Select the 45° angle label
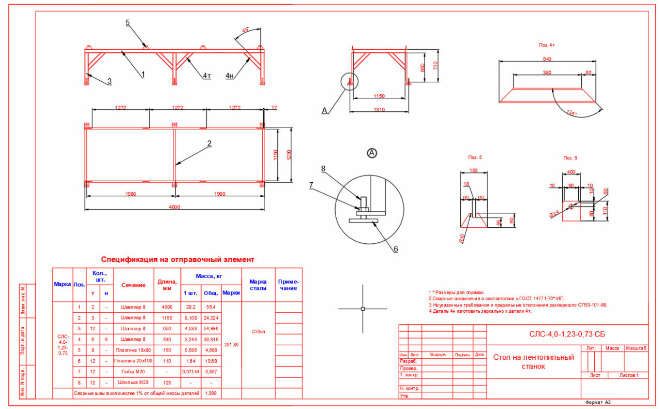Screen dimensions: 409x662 click(x=246, y=30)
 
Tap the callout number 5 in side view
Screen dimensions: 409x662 click(x=127, y=22)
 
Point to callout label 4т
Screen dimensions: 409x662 click(x=207, y=76)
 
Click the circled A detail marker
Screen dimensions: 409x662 click(x=372, y=153)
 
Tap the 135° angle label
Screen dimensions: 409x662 click(x=571, y=112)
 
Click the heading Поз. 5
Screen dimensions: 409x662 click(x=475, y=157)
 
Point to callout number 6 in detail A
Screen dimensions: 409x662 click(x=396, y=249)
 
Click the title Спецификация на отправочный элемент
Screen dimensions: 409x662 click(x=177, y=259)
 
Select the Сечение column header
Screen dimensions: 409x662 click(x=133, y=285)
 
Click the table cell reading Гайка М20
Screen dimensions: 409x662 click(x=133, y=372)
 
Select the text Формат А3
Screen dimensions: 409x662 click(x=598, y=402)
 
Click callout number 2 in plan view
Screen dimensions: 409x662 click(x=209, y=143)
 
